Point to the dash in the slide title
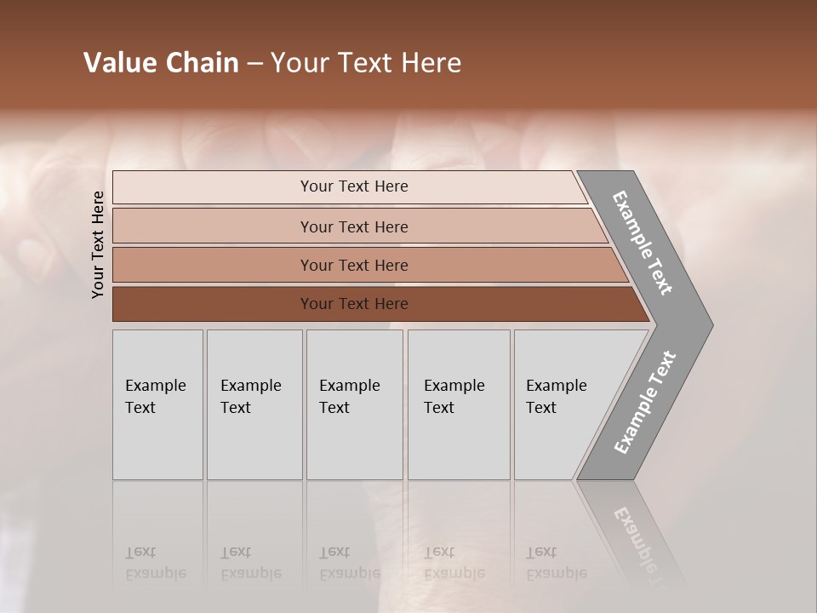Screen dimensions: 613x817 (x=254, y=64)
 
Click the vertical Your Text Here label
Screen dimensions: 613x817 (x=98, y=244)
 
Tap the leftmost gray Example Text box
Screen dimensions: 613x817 (x=157, y=404)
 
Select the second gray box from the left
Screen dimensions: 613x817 (x=254, y=404)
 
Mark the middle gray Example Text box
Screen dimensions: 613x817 (x=354, y=404)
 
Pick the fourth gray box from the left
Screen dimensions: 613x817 (x=459, y=404)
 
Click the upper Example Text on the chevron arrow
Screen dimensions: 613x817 (x=643, y=243)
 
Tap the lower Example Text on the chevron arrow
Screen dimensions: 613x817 (x=645, y=403)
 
